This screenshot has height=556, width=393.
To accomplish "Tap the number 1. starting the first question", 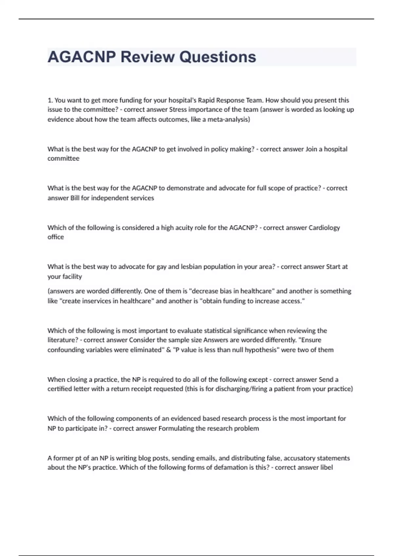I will pyautogui.click(x=50, y=100).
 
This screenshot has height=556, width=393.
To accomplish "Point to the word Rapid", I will pyautogui.click(x=206, y=100).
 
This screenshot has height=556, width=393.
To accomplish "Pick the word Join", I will pyautogui.click(x=311, y=149).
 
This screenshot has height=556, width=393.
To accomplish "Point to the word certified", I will pyautogui.click(x=60, y=389).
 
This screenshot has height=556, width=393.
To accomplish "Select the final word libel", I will pyautogui.click(x=326, y=467).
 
